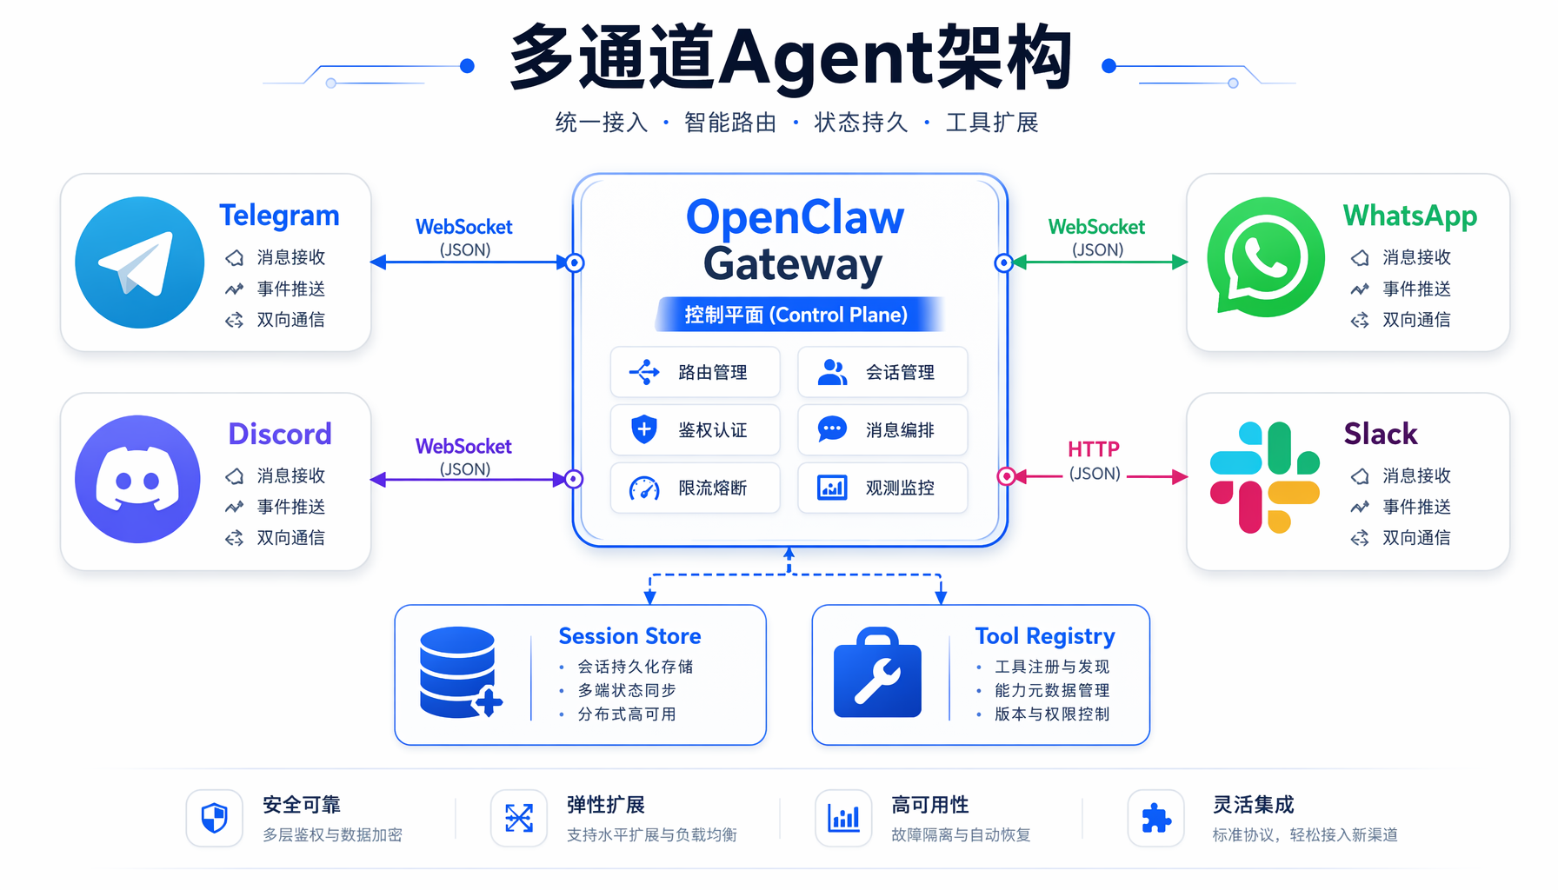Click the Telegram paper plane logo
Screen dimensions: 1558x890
click(139, 262)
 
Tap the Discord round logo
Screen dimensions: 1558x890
click(138, 479)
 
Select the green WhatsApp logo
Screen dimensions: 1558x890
click(1266, 256)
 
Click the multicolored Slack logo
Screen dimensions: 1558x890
click(1265, 477)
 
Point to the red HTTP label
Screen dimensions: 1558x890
click(1094, 449)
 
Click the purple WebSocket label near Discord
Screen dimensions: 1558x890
click(463, 447)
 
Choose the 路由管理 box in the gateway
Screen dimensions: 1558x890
click(696, 372)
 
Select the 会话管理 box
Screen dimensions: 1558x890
click(882, 372)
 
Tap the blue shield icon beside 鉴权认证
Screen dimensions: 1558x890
click(644, 429)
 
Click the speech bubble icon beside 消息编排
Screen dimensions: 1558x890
click(832, 429)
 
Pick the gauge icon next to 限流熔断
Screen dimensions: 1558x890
click(644, 488)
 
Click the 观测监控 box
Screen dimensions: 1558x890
click(882, 488)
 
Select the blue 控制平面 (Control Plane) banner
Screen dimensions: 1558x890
click(797, 315)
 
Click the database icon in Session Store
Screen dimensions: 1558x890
click(460, 672)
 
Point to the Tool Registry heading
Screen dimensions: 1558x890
click(1045, 637)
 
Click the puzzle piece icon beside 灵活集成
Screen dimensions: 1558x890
click(1156, 818)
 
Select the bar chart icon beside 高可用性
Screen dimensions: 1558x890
click(843, 818)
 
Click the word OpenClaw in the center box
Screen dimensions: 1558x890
click(796, 218)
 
